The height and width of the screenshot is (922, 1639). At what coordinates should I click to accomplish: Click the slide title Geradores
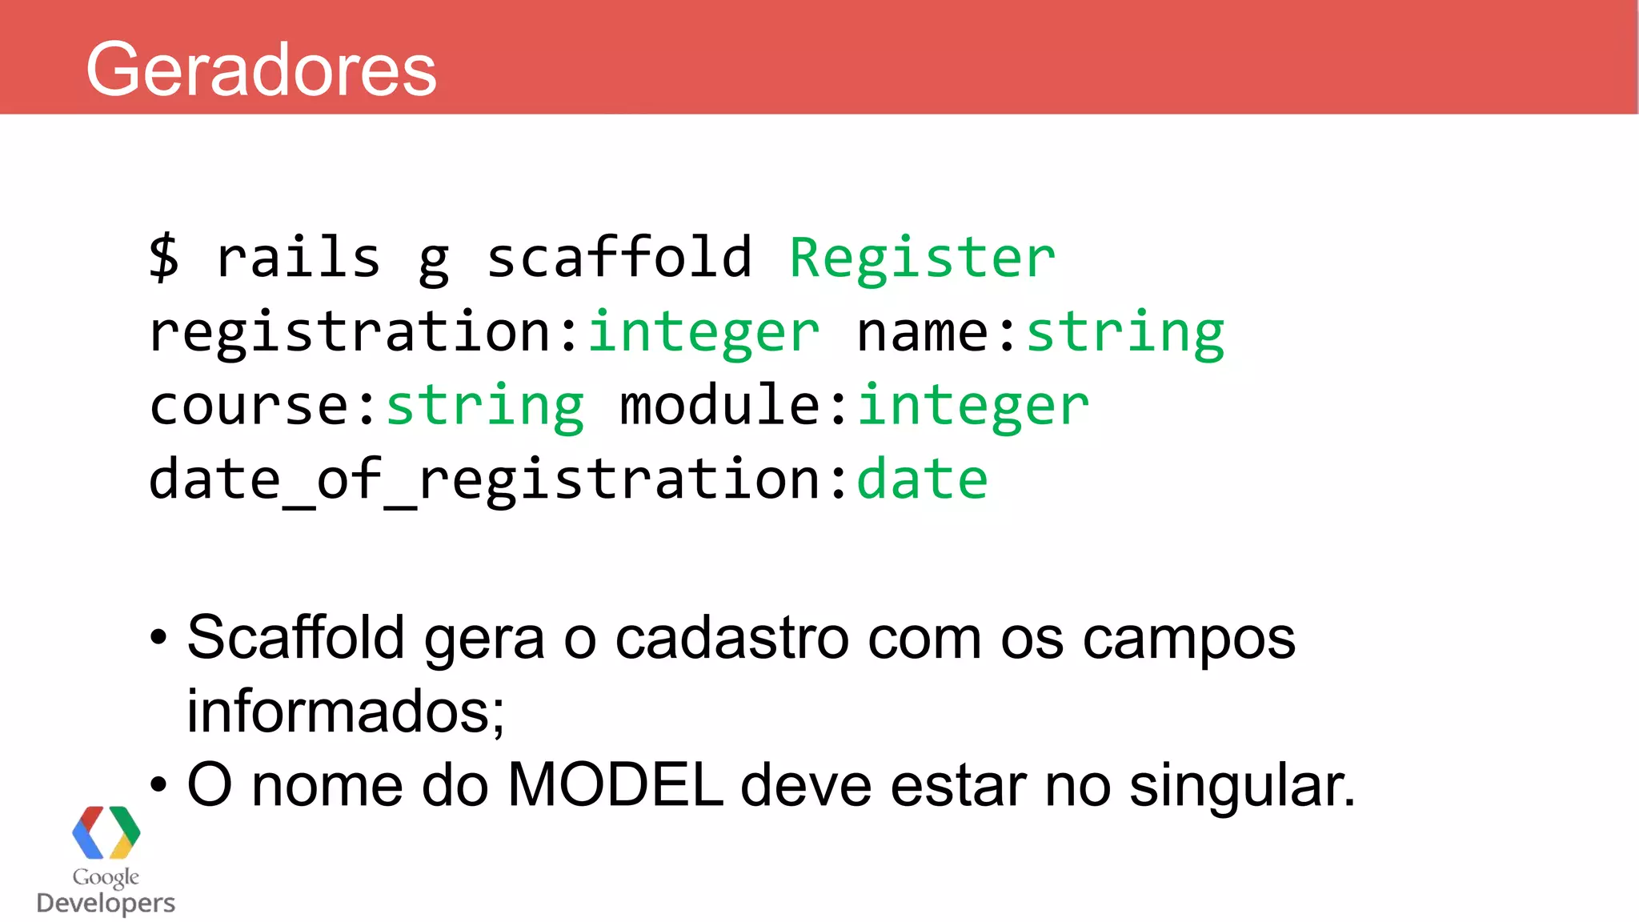(261, 70)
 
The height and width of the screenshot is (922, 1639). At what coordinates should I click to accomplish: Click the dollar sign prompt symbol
(164, 258)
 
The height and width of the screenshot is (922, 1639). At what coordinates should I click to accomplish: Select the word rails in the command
(299, 258)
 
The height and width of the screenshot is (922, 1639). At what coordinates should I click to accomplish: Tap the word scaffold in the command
(619, 258)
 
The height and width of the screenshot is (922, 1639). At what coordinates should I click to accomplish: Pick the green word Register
(922, 258)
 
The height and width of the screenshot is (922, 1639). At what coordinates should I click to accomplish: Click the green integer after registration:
(704, 332)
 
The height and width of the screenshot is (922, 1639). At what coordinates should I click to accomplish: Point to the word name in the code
(922, 332)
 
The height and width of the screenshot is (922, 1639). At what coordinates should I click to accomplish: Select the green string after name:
(1124, 332)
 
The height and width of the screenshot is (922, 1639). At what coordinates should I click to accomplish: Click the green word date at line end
(922, 479)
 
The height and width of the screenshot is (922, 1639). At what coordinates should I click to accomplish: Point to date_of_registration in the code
(484, 479)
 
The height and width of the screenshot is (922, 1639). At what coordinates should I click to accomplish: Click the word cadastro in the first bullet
(731, 639)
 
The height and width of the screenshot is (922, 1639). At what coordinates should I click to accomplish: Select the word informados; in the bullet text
(346, 711)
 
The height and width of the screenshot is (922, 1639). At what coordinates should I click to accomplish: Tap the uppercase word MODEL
(615, 784)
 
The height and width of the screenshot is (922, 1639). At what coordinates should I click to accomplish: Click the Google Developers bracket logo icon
(106, 832)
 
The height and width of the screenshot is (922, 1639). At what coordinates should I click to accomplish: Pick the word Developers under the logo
(106, 903)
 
